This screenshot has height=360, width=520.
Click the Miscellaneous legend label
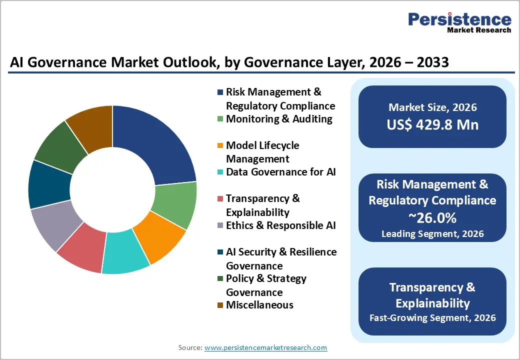coord(259,305)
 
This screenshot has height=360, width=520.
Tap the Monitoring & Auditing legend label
coord(279,119)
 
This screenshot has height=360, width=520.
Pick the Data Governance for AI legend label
coord(280,172)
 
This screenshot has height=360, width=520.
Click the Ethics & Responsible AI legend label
coord(281,225)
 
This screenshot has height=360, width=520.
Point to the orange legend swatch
coord(220,146)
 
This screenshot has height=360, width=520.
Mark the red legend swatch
coord(220,199)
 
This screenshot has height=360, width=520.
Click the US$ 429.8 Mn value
coord(432,124)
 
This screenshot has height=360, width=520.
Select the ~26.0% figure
coord(432,218)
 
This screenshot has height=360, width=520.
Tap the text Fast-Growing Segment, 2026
coord(432,317)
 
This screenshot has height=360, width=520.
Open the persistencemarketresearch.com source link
coord(265,347)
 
